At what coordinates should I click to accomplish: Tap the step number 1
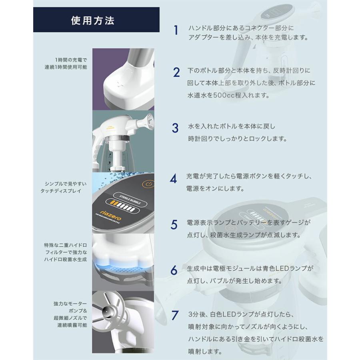[x=176, y=31]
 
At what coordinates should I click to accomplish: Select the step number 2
[x=176, y=72]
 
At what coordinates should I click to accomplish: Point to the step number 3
[x=175, y=128]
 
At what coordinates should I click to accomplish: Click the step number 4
[x=173, y=178]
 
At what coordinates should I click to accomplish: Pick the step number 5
[x=174, y=225]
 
